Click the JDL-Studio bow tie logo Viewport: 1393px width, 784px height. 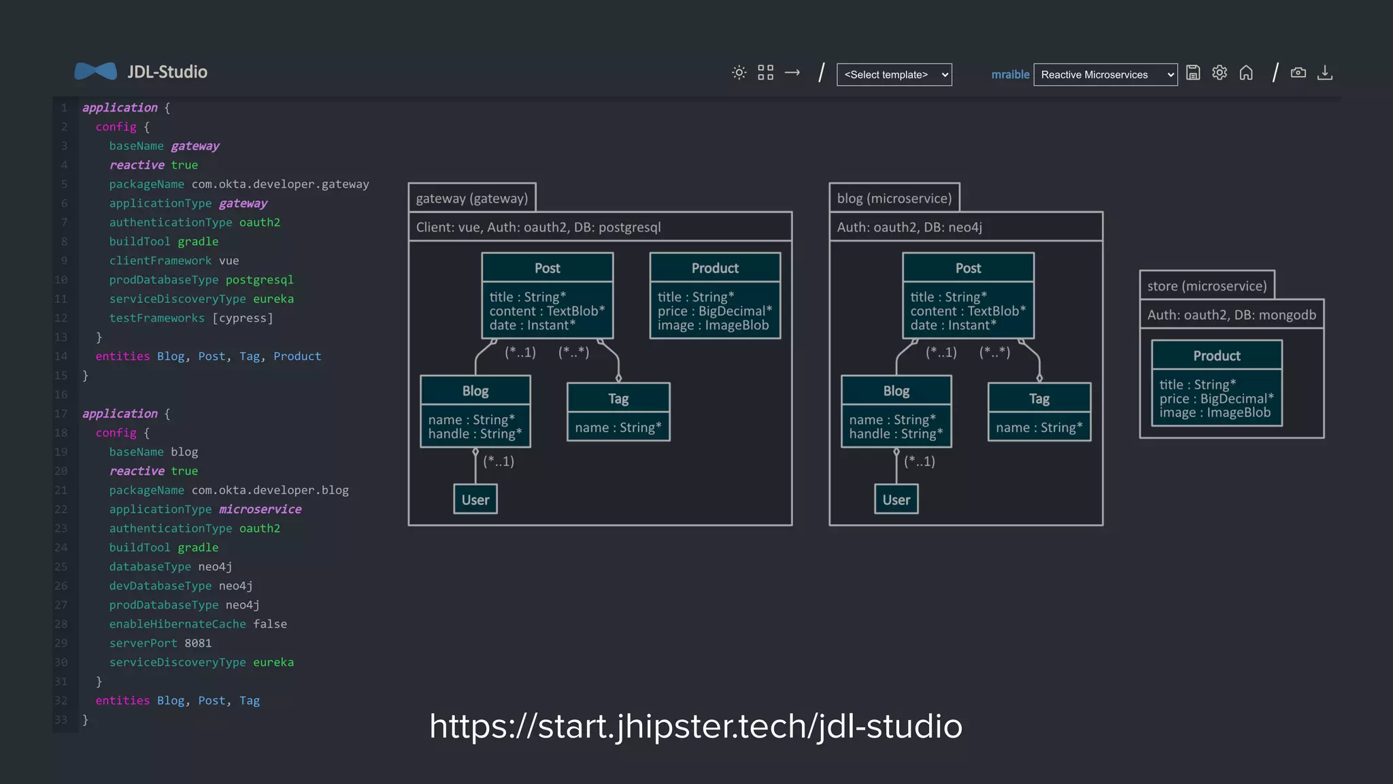95,71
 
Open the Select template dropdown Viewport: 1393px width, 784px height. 894,75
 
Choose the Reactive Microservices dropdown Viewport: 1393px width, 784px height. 1105,75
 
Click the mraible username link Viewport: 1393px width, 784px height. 1010,75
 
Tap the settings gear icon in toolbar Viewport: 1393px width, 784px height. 1220,73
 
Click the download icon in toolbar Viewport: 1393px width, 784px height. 1324,73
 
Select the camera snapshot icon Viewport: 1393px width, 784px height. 1298,73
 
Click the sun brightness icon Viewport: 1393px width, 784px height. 739,73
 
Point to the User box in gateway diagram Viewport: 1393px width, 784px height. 475,500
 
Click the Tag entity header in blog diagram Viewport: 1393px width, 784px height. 1039,399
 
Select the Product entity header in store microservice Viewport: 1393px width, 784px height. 1216,356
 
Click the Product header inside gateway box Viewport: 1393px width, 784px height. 715,268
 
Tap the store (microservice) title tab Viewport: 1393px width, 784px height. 1207,286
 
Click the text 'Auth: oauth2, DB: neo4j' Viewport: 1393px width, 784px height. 909,227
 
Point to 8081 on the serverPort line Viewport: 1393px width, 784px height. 198,643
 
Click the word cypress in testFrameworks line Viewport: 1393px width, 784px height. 243,318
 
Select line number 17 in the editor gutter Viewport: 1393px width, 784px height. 61,414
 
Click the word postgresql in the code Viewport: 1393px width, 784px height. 259,280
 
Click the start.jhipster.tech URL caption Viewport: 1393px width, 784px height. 695,726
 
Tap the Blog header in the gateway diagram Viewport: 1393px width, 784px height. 475,391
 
